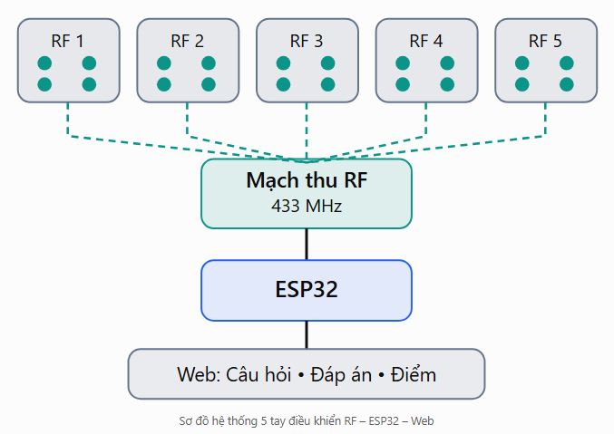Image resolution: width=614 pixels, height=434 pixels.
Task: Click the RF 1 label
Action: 67,41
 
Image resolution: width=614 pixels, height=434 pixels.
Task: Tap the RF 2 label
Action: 187,41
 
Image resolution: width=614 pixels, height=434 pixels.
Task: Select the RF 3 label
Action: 307,41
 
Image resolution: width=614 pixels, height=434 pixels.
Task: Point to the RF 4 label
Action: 426,41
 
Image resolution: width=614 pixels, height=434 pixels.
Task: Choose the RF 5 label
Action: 545,41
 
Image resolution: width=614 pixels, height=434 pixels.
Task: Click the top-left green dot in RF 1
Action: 44,63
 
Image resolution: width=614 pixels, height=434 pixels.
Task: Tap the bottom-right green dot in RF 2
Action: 209,84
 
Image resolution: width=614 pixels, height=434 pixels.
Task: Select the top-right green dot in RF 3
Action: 327,63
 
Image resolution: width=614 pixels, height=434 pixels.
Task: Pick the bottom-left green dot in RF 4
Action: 403,84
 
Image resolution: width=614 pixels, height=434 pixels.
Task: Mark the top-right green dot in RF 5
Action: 567,63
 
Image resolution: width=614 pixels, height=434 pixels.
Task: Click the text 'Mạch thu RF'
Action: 307,181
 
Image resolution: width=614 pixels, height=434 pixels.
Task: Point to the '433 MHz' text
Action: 307,206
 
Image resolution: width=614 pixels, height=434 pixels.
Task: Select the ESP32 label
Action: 307,289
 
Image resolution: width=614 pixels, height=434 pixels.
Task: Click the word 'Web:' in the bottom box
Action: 199,374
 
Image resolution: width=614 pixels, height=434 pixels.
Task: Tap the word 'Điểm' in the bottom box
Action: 414,373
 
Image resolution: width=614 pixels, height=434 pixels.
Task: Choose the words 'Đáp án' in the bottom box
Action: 341,374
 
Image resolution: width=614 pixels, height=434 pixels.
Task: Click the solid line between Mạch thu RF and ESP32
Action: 307,245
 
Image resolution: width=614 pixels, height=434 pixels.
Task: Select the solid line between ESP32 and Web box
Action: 307,335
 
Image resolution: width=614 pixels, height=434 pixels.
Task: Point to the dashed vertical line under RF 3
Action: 307,130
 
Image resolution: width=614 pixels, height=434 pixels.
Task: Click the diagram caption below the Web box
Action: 307,421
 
